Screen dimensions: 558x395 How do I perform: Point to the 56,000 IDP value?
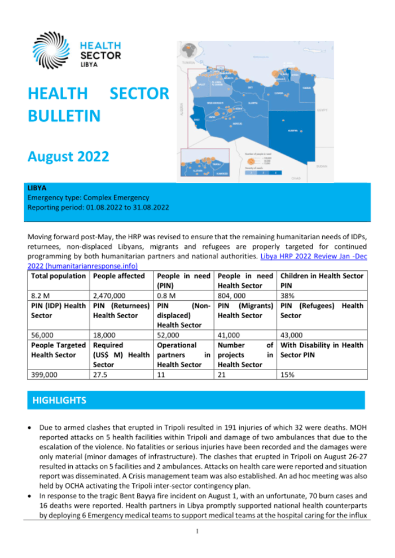tap(42, 334)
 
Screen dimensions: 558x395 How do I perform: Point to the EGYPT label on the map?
tap(322, 110)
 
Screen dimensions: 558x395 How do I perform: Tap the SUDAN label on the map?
tap(322, 167)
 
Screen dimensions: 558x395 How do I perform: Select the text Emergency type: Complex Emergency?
tap(88, 197)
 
